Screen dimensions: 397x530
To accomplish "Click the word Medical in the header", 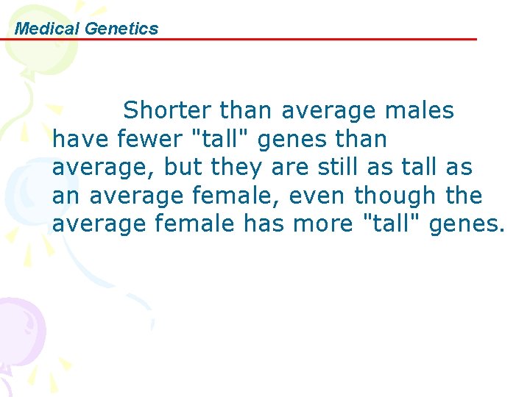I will pos(48,29).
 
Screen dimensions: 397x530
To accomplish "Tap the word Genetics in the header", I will pos(121,29).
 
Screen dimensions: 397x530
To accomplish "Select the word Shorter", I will pos(168,110).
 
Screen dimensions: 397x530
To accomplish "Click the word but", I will pos(184,168).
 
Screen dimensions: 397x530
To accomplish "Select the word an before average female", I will pos(66,196).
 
